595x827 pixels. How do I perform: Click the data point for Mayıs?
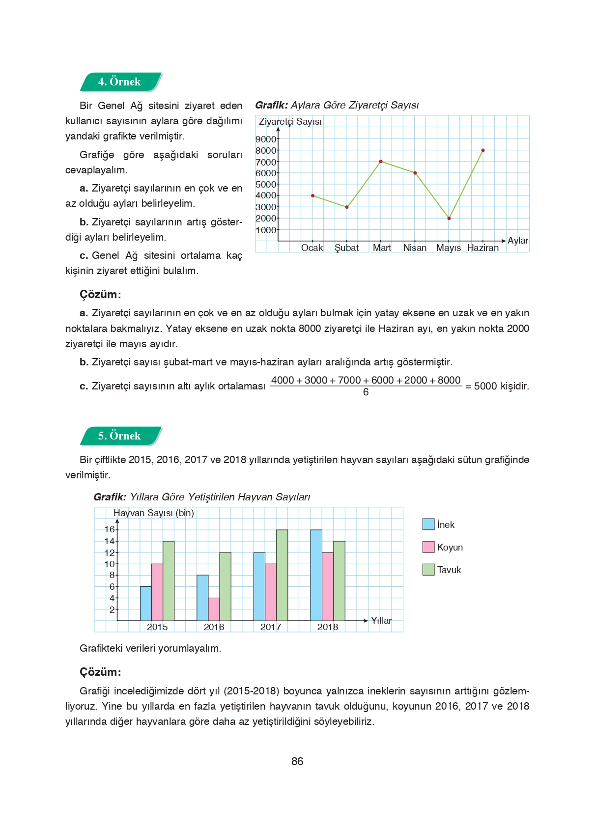[449, 218]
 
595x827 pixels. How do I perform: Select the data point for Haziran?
[483, 150]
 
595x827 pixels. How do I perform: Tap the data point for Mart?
[381, 162]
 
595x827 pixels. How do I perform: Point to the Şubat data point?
[347, 207]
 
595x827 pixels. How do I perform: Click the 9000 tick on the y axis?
[266, 139]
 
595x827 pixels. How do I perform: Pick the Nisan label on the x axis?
[415, 248]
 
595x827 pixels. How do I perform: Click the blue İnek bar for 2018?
[316, 575]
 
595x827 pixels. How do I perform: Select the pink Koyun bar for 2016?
[214, 609]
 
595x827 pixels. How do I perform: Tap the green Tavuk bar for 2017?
[282, 575]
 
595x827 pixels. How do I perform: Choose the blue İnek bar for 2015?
[145, 604]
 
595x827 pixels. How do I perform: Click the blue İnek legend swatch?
[428, 524]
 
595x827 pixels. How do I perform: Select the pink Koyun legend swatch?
[428, 547]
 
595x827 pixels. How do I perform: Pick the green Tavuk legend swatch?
[428, 570]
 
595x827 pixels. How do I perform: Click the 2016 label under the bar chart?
[214, 627]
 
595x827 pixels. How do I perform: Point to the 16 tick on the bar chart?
[110, 529]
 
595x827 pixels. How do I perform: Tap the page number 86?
[297, 761]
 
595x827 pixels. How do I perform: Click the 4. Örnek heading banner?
[120, 82]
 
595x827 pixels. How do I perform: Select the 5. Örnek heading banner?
[120, 436]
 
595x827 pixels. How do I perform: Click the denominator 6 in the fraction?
[366, 392]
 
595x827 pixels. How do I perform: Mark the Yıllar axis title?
[381, 621]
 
